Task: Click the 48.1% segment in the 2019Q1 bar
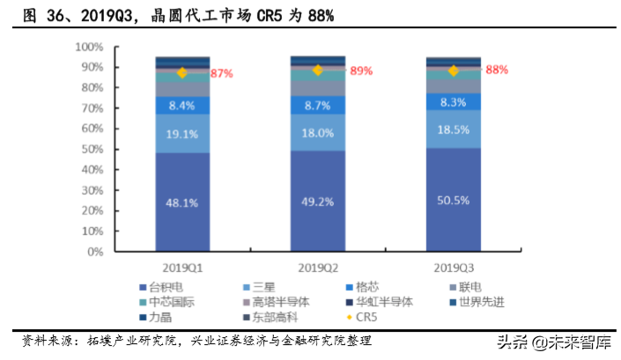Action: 181,202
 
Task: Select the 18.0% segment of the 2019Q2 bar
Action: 317,132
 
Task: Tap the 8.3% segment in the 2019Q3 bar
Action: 453,102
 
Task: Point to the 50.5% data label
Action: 453,200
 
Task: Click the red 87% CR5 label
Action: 221,74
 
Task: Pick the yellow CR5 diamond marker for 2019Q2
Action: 318,70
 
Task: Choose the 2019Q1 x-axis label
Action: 181,266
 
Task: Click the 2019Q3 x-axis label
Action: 453,266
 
